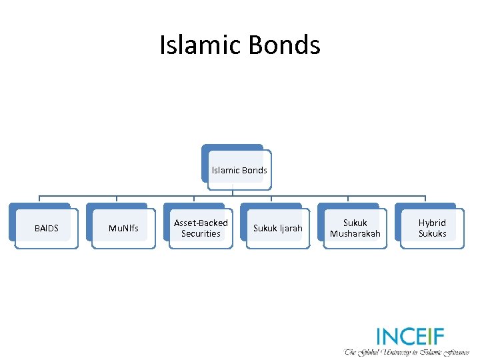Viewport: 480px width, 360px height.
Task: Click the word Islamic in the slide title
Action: point(201,45)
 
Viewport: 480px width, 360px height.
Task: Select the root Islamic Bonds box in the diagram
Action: point(239,170)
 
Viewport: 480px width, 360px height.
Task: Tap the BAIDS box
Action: point(46,228)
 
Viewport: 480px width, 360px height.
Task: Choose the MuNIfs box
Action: point(123,228)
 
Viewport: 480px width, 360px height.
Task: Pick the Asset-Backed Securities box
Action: point(201,228)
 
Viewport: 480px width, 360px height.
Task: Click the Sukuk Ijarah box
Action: point(277,228)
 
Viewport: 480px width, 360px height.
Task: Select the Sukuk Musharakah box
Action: point(355,228)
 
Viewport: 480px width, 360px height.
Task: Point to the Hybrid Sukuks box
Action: point(432,228)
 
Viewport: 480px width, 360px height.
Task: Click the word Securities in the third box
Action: point(201,234)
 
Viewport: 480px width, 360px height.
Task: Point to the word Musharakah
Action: point(355,234)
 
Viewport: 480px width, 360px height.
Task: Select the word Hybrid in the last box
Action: point(432,223)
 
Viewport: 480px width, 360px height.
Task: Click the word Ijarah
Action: point(291,229)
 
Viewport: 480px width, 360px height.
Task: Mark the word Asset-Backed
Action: point(201,223)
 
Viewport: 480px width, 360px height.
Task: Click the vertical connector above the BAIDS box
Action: point(39,199)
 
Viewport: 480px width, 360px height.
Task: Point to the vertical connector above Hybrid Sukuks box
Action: point(425,199)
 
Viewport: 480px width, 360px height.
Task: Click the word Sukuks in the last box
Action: point(432,234)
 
